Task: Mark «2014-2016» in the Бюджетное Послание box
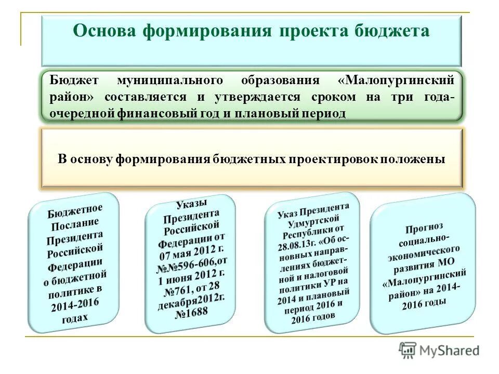(x=75, y=304)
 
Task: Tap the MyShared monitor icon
(x=408, y=350)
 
